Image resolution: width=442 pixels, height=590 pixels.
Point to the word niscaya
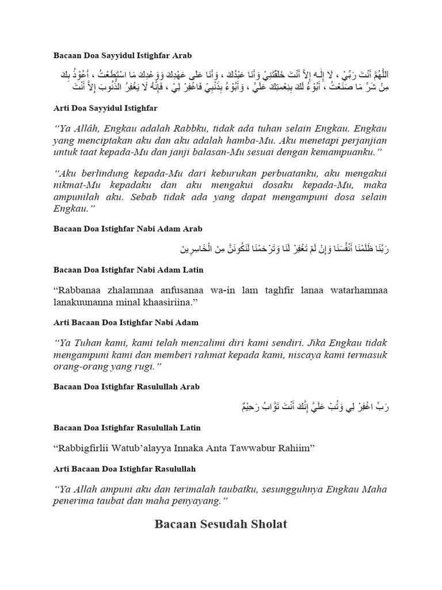pyautogui.click(x=284, y=352)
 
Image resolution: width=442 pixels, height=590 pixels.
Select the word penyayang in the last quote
pyautogui.click(x=191, y=501)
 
